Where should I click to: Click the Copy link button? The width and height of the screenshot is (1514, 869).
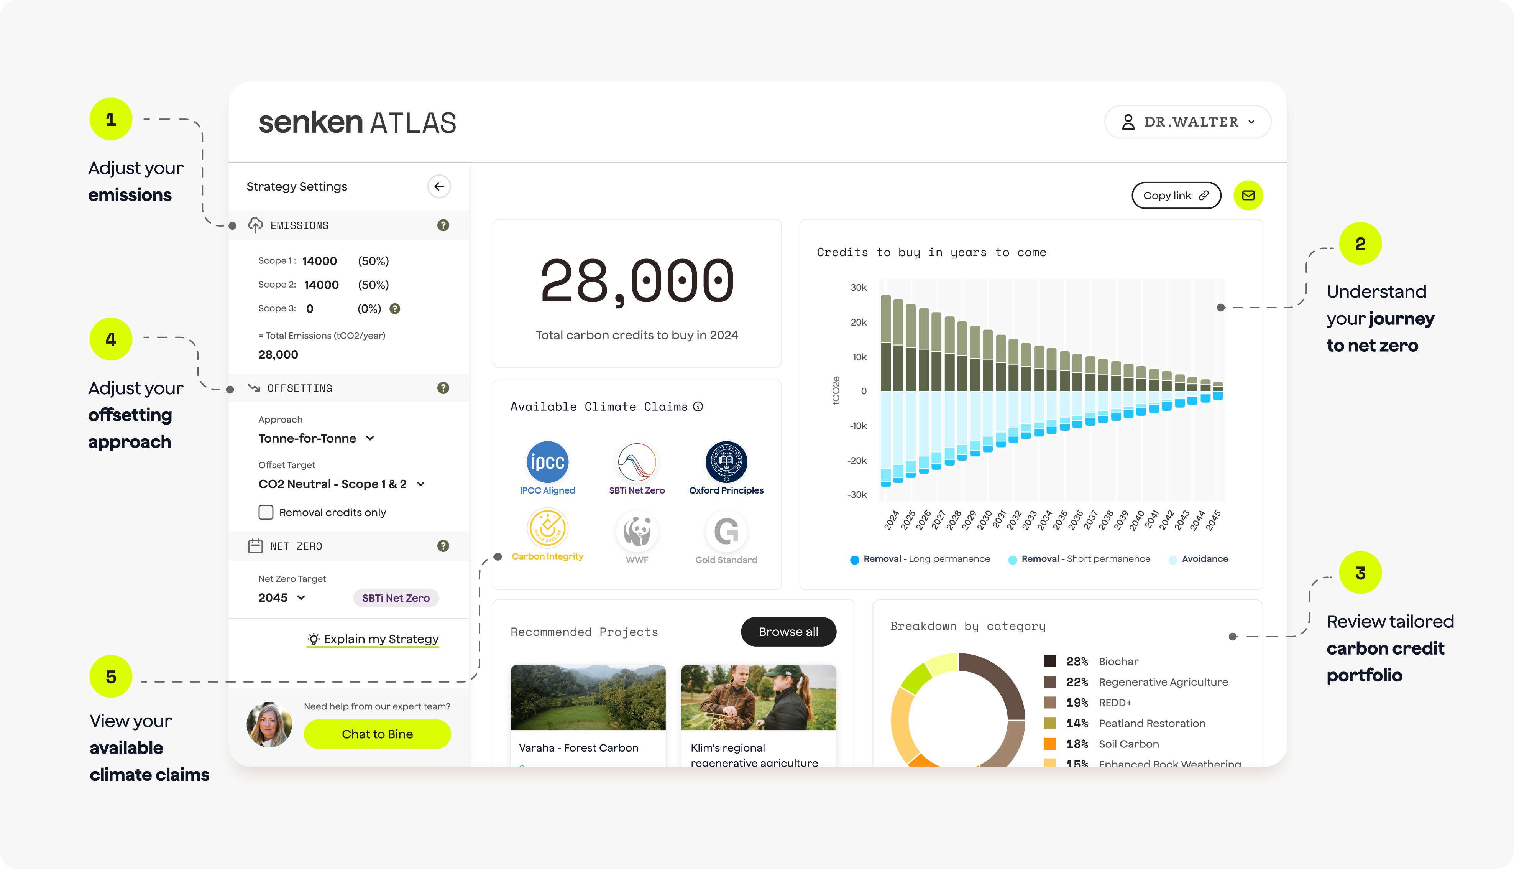click(x=1176, y=195)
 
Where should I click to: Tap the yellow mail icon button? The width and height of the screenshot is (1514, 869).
click(x=1248, y=195)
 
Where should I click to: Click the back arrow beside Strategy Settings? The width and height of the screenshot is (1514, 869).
click(x=439, y=186)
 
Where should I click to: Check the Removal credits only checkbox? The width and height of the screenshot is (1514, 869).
click(x=266, y=512)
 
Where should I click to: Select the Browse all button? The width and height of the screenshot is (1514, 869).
click(x=788, y=632)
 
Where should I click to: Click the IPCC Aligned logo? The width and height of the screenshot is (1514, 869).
click(x=547, y=462)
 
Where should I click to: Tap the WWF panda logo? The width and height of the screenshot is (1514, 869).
click(x=637, y=531)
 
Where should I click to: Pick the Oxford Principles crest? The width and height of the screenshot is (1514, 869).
click(x=726, y=462)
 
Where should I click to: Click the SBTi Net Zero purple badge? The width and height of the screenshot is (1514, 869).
click(x=396, y=598)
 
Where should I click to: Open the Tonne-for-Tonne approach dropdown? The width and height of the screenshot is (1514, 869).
click(x=316, y=438)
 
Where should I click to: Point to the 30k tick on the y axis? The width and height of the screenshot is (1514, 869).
click(x=859, y=288)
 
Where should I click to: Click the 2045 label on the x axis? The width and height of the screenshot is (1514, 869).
click(x=1213, y=520)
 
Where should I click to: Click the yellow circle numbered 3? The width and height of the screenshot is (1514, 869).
click(x=1360, y=573)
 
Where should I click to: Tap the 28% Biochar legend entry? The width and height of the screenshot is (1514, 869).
click(x=1091, y=661)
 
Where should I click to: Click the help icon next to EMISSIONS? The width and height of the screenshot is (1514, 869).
click(x=443, y=225)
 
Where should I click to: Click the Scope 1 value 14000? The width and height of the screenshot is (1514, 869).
click(x=320, y=261)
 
